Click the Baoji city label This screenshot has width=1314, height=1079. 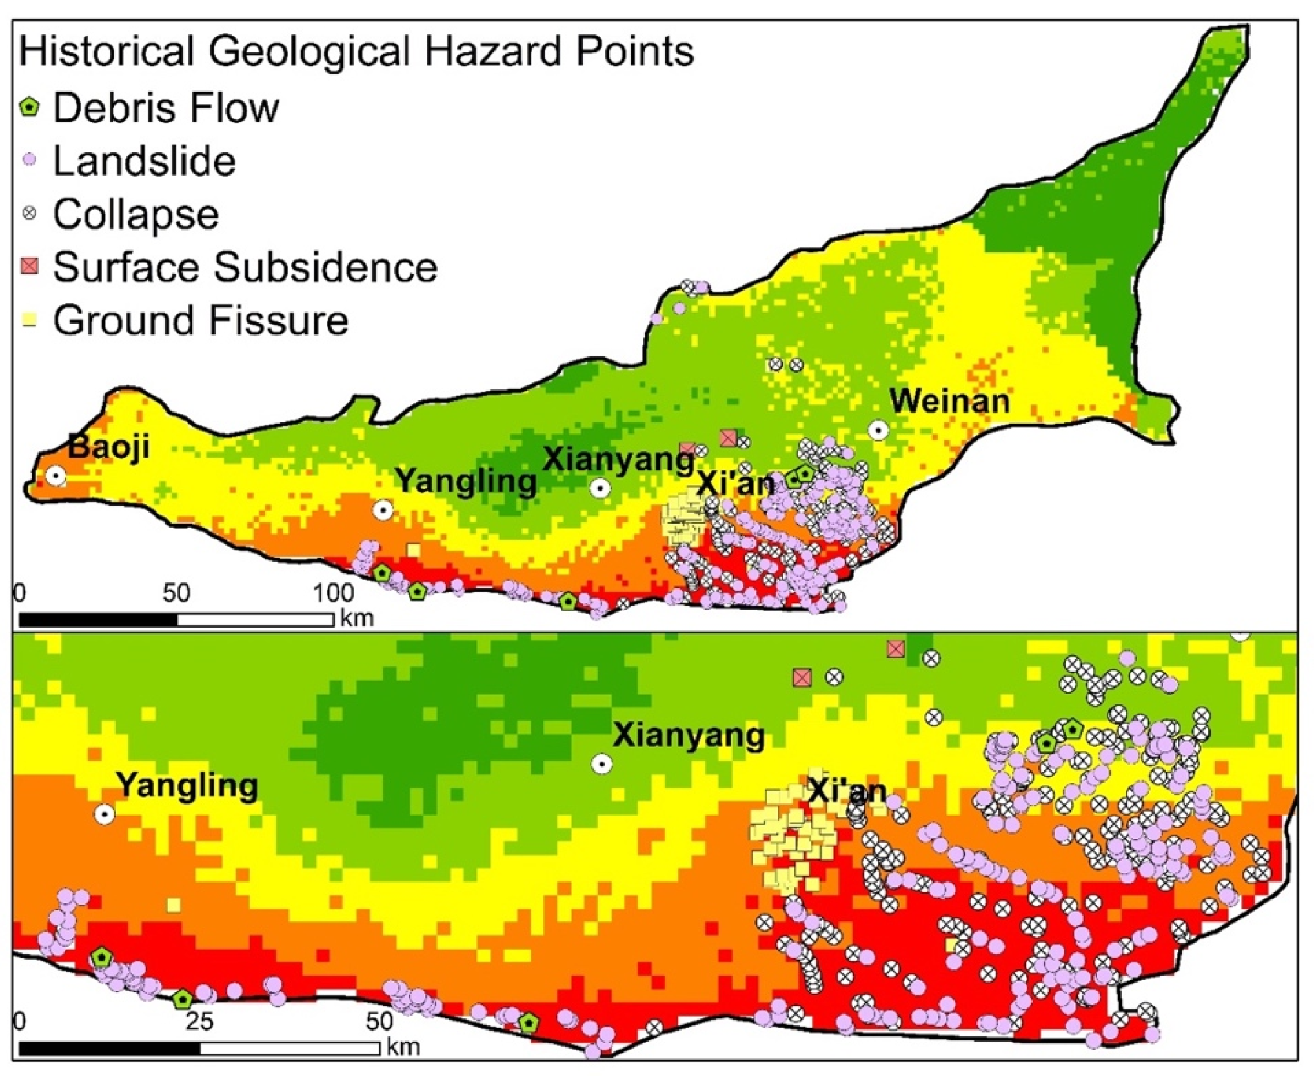click(108, 446)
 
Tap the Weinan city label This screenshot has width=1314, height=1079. click(949, 402)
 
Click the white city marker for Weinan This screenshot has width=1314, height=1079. click(878, 429)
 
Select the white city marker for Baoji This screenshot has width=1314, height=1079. click(56, 477)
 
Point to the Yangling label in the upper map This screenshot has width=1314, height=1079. click(465, 480)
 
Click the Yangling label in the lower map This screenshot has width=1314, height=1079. click(187, 786)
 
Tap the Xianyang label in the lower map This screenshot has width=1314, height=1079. click(689, 735)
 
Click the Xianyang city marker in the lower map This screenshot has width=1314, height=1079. click(601, 765)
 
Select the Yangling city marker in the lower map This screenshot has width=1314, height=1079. click(105, 814)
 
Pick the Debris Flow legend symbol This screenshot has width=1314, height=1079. click(30, 107)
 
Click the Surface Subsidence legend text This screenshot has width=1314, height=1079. click(245, 267)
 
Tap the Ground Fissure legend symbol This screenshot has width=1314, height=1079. click(30, 321)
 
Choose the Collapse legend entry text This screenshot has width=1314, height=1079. click(136, 214)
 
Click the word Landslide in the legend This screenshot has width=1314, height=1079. click(144, 161)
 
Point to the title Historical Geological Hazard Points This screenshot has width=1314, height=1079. click(356, 52)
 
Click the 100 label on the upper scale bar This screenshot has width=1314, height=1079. click(333, 593)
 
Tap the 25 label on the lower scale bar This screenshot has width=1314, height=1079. click(198, 1021)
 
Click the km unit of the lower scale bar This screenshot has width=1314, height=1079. click(403, 1047)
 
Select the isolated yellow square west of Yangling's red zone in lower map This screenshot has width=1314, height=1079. click(174, 905)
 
